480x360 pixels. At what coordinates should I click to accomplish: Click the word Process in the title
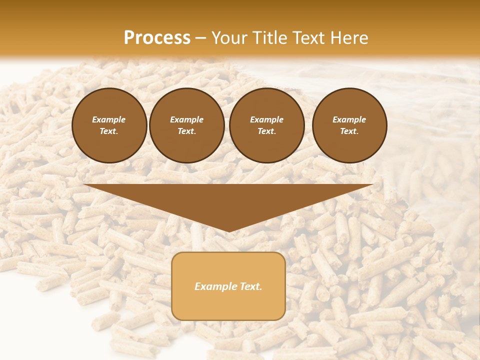click(x=157, y=38)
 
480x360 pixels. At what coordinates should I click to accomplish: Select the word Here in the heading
click(x=348, y=38)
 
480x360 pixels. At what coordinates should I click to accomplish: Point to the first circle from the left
click(x=109, y=125)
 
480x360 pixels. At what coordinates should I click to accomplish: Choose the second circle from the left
click(x=187, y=125)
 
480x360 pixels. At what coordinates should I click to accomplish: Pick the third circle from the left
click(x=267, y=125)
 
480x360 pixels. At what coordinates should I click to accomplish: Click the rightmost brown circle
click(x=349, y=125)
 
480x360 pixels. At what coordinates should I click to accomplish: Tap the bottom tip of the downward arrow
click(x=228, y=230)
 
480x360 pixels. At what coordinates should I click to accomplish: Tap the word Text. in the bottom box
click(x=250, y=286)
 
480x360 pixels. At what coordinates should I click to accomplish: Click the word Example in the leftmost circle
click(x=109, y=119)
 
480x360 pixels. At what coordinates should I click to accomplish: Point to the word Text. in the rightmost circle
click(x=349, y=131)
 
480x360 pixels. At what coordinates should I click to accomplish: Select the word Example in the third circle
click(x=266, y=119)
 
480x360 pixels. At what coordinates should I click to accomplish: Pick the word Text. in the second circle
click(x=187, y=131)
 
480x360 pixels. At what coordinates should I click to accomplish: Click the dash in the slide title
click(x=201, y=38)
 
